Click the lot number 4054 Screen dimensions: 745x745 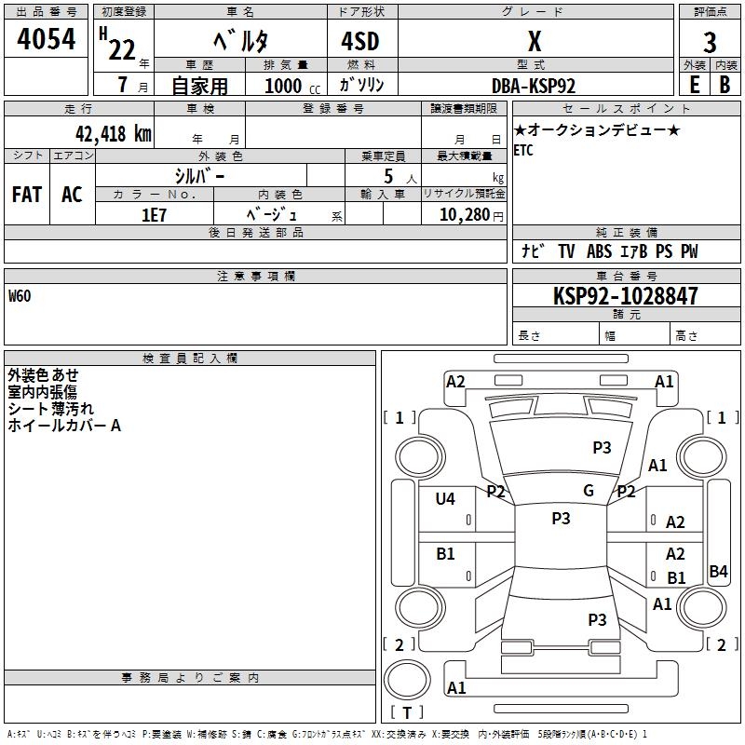(46, 39)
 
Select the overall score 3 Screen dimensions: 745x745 (710, 42)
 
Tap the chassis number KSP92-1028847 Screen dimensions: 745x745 (626, 295)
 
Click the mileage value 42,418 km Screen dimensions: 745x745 (114, 134)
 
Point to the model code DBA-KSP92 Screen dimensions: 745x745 (534, 86)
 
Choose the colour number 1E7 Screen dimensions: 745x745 (154, 215)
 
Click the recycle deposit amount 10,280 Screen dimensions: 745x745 (465, 215)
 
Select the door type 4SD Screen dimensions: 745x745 (360, 41)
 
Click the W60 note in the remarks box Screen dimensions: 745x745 (20, 296)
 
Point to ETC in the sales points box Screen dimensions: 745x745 (523, 150)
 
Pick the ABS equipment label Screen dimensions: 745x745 (599, 251)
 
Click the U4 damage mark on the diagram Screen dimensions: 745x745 (445, 498)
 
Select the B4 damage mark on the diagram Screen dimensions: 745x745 (718, 571)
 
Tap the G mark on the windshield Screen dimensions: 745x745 (589, 491)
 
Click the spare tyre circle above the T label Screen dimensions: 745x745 (407, 680)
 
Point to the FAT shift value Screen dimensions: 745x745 (27, 195)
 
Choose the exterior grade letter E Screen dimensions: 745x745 (694, 85)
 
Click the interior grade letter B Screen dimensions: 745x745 (725, 85)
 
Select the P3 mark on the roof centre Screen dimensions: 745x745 (561, 519)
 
